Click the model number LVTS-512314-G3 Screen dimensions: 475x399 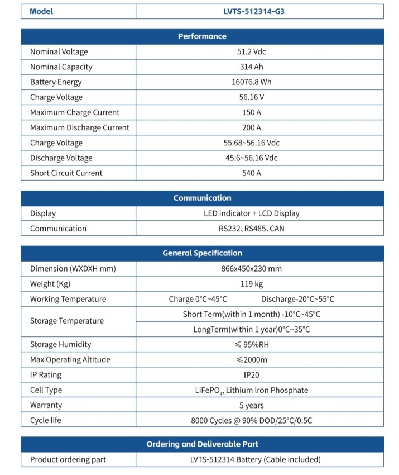click(x=259, y=11)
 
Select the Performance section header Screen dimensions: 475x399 click(x=202, y=36)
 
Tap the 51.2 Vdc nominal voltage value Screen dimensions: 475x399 click(x=252, y=51)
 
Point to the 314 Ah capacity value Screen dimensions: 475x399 click(x=252, y=66)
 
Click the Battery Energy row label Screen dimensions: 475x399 click(x=56, y=82)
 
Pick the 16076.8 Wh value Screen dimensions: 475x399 click(x=252, y=82)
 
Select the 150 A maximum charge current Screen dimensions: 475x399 click(x=252, y=112)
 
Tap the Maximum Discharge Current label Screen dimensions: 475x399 click(x=79, y=127)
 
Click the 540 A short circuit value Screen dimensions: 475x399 click(x=252, y=173)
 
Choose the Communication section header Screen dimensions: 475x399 click(x=202, y=198)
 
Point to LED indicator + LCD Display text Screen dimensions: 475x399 click(x=252, y=213)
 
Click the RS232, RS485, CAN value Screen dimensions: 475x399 click(x=252, y=228)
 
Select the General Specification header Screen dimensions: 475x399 click(x=202, y=253)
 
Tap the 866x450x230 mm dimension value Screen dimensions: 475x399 click(x=252, y=268)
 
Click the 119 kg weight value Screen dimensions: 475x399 click(x=252, y=284)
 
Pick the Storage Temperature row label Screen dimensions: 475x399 click(x=67, y=321)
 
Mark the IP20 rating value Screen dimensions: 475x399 click(x=252, y=375)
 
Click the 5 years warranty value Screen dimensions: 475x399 click(x=252, y=405)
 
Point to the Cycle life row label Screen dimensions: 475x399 click(x=46, y=420)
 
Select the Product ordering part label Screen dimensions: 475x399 click(x=68, y=459)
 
